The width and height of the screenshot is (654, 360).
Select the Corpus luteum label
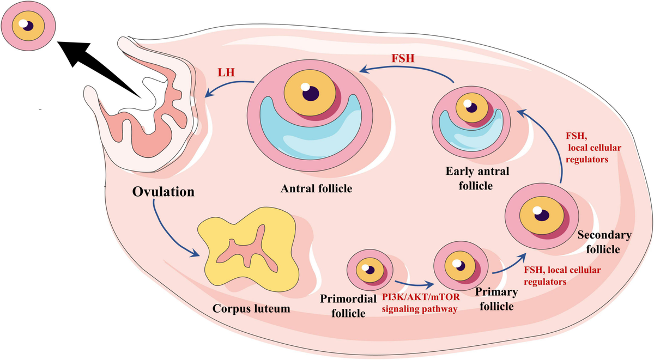click(251, 309)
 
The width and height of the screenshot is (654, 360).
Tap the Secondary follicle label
click(603, 242)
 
